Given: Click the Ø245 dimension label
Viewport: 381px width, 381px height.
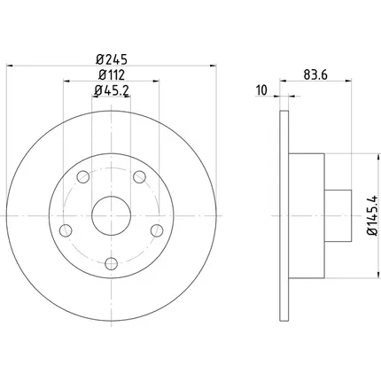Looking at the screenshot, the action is pyautogui.click(x=112, y=59).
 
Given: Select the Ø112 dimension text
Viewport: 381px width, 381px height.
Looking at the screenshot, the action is pyautogui.click(x=112, y=75).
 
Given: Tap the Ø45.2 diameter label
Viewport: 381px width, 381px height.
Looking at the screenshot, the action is pyautogui.click(x=112, y=90).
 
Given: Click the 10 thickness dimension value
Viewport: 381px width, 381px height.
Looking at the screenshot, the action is pyautogui.click(x=261, y=90).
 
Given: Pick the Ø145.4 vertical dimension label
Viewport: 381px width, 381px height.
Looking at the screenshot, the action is pyautogui.click(x=372, y=215).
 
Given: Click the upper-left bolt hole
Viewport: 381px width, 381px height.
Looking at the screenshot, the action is pyautogui.click(x=83, y=177).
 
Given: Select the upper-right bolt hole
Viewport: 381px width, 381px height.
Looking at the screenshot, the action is pyautogui.click(x=139, y=177).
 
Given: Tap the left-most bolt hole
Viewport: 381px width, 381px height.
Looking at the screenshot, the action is pyautogui.click(x=66, y=230).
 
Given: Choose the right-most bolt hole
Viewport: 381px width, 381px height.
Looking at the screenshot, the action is pyautogui.click(x=157, y=230).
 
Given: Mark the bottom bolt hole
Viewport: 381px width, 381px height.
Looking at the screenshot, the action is pyautogui.click(x=112, y=263).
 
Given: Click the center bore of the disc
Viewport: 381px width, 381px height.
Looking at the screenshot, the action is pyautogui.click(x=112, y=216).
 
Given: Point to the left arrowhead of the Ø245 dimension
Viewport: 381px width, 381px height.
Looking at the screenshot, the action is pyautogui.click(x=10, y=66).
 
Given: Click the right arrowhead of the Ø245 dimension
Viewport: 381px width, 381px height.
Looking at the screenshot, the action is pyautogui.click(x=213, y=66).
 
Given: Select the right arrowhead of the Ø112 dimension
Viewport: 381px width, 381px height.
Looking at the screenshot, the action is pyautogui.click(x=156, y=81).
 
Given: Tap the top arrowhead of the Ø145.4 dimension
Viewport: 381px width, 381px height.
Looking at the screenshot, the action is pyautogui.click(x=378, y=158).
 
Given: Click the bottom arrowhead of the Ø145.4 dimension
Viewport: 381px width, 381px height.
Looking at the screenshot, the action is pyautogui.click(x=378, y=275).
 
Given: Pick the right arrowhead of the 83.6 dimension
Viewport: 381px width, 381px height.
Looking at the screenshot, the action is pyautogui.click(x=348, y=81).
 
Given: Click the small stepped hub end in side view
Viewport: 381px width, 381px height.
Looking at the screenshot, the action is pyautogui.click(x=338, y=216).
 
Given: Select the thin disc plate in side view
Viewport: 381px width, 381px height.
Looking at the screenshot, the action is pyautogui.click(x=284, y=216).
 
